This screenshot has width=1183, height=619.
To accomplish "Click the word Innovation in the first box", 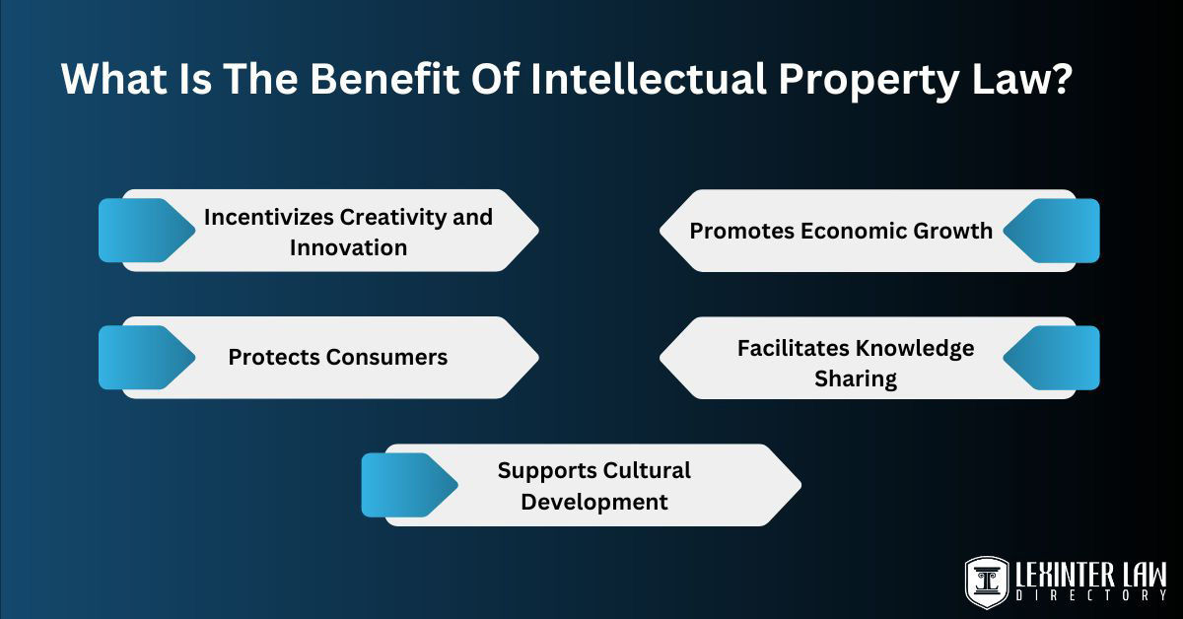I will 348,247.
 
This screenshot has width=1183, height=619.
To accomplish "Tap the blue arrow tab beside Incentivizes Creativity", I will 143,231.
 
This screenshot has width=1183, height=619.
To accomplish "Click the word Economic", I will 856,231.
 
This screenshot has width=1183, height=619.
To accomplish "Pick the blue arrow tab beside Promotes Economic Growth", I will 1055,231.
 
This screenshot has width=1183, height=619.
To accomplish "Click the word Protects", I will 273,357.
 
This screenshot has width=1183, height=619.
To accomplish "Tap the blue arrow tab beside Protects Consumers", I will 143,357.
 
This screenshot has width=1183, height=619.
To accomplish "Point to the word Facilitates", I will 793,348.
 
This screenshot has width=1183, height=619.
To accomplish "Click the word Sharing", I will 855,379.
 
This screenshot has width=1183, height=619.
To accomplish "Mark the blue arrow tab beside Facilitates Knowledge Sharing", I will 1055,358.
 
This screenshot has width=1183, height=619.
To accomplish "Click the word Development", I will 594,502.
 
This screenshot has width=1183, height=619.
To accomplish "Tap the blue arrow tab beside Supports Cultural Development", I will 405,485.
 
